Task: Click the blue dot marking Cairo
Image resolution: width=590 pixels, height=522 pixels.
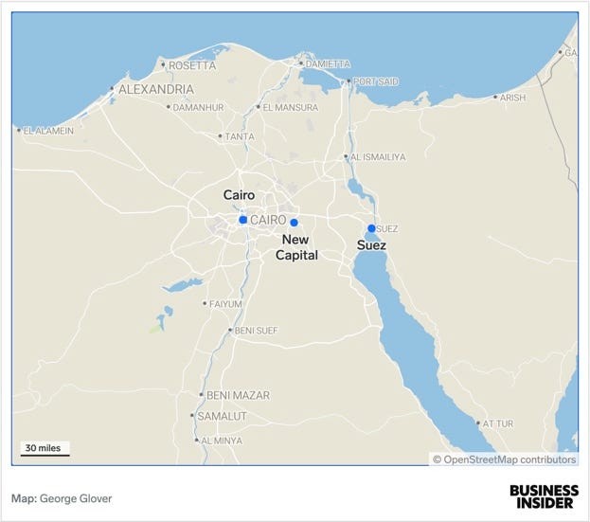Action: click(x=243, y=220)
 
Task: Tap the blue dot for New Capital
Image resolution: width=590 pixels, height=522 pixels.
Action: click(x=295, y=223)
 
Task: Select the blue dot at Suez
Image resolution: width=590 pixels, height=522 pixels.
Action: click(x=371, y=228)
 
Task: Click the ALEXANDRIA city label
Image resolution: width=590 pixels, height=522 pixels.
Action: click(x=156, y=90)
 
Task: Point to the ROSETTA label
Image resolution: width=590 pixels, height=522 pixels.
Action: click(x=192, y=65)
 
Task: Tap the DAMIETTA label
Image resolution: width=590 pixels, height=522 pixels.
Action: click(x=327, y=64)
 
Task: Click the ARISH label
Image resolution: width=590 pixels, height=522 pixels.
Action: click(x=512, y=98)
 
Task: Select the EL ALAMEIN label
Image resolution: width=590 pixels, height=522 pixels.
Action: click(x=47, y=131)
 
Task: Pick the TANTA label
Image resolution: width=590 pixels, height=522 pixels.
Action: click(x=238, y=136)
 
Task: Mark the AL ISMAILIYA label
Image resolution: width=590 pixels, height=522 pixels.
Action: click(x=378, y=157)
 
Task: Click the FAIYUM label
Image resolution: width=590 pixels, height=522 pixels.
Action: click(x=225, y=304)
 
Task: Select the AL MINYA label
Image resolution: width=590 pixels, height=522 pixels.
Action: click(x=221, y=441)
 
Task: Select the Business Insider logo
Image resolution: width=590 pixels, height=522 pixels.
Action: click(x=543, y=496)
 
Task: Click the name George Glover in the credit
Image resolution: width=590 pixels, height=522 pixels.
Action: click(x=76, y=497)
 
